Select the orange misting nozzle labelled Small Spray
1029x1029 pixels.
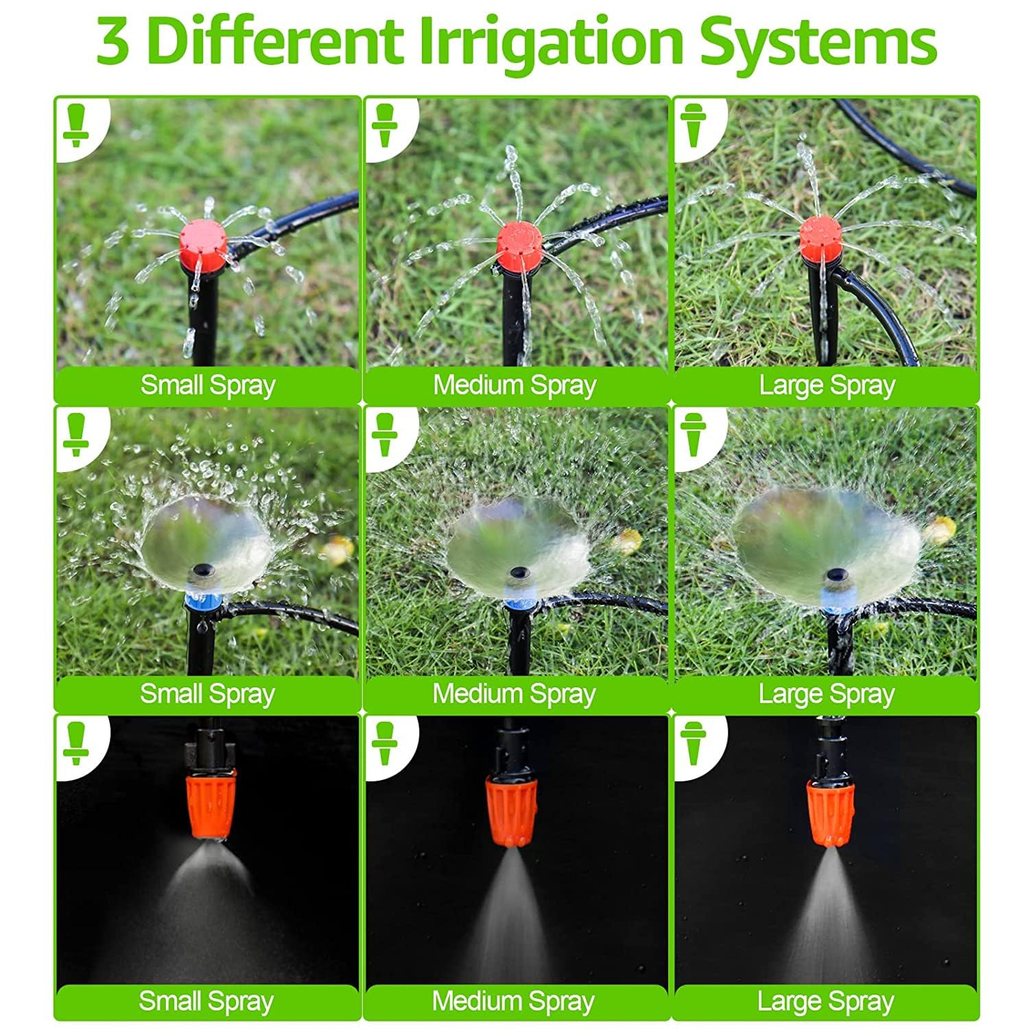[211, 803]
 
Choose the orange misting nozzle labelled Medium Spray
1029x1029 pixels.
[511, 809]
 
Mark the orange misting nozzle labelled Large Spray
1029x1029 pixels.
[830, 814]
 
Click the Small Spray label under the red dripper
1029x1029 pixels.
[208, 386]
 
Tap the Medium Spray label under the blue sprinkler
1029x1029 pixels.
[514, 694]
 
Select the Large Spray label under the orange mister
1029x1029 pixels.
[826, 1002]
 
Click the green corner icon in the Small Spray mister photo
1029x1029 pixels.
[75, 742]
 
